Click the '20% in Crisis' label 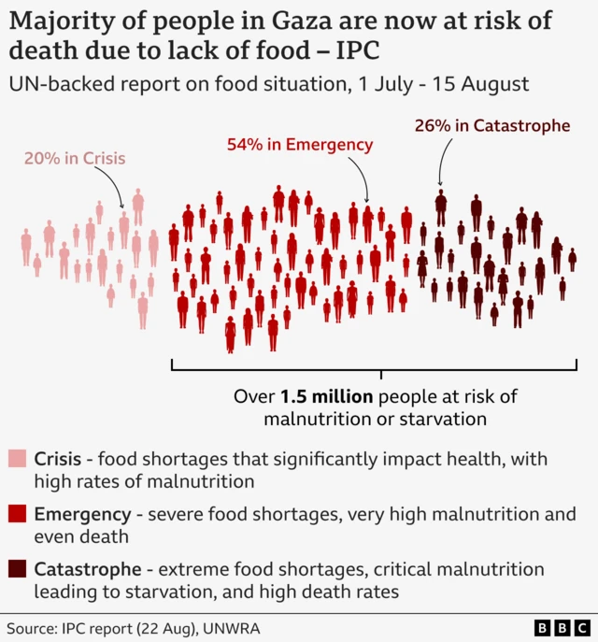(x=75, y=158)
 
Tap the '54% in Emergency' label (x=300, y=144)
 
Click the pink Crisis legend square (x=17, y=460)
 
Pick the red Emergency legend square (x=17, y=514)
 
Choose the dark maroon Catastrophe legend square (x=17, y=569)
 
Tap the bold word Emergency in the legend (x=82, y=514)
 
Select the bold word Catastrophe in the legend (x=88, y=569)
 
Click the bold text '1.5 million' (x=321, y=396)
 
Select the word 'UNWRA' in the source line (x=237, y=626)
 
